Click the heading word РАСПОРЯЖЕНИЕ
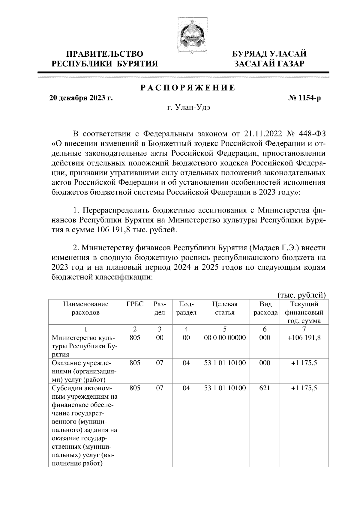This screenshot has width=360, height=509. pyautogui.click(x=188, y=88)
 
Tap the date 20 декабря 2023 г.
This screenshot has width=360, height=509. pyautogui.click(x=81, y=98)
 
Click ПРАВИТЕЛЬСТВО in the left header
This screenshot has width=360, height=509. pyautogui.click(x=105, y=54)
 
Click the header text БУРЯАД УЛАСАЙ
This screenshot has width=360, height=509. pyautogui.click(x=270, y=54)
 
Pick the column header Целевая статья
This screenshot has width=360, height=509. pyautogui.click(x=225, y=308)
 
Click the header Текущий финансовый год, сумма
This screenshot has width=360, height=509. pyautogui.click(x=304, y=312)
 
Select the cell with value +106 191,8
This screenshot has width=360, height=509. pyautogui.click(x=304, y=338)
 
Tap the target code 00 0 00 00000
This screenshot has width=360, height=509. pyautogui.click(x=225, y=338)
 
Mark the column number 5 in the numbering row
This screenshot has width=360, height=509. pyautogui.click(x=225, y=329)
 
